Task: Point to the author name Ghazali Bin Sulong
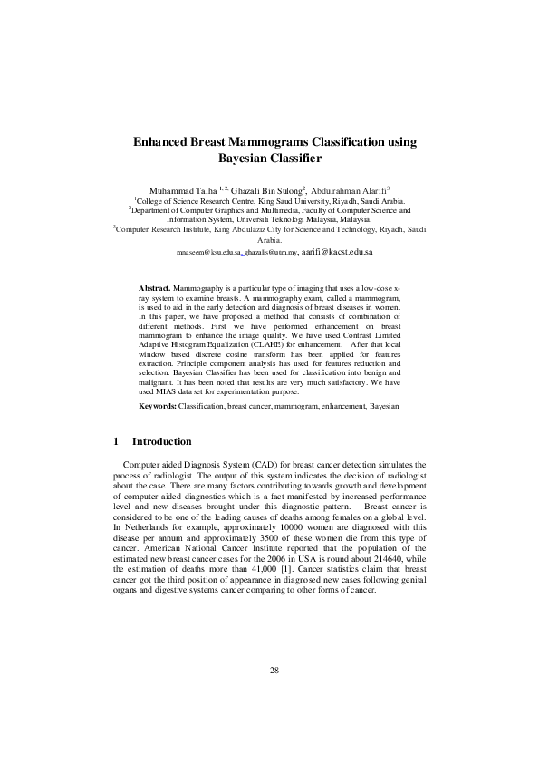coord(265,191)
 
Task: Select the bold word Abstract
coord(155,285)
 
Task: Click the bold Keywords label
coord(158,407)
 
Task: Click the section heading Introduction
coord(161,442)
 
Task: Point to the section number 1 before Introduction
coord(118,442)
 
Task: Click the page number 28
coord(274,720)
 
